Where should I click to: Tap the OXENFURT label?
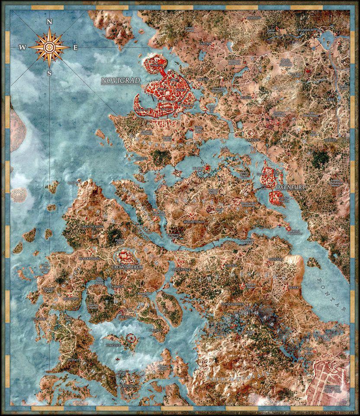289,188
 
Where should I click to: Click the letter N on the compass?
50,22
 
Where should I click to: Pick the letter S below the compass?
49,73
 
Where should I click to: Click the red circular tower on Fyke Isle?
131,337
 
